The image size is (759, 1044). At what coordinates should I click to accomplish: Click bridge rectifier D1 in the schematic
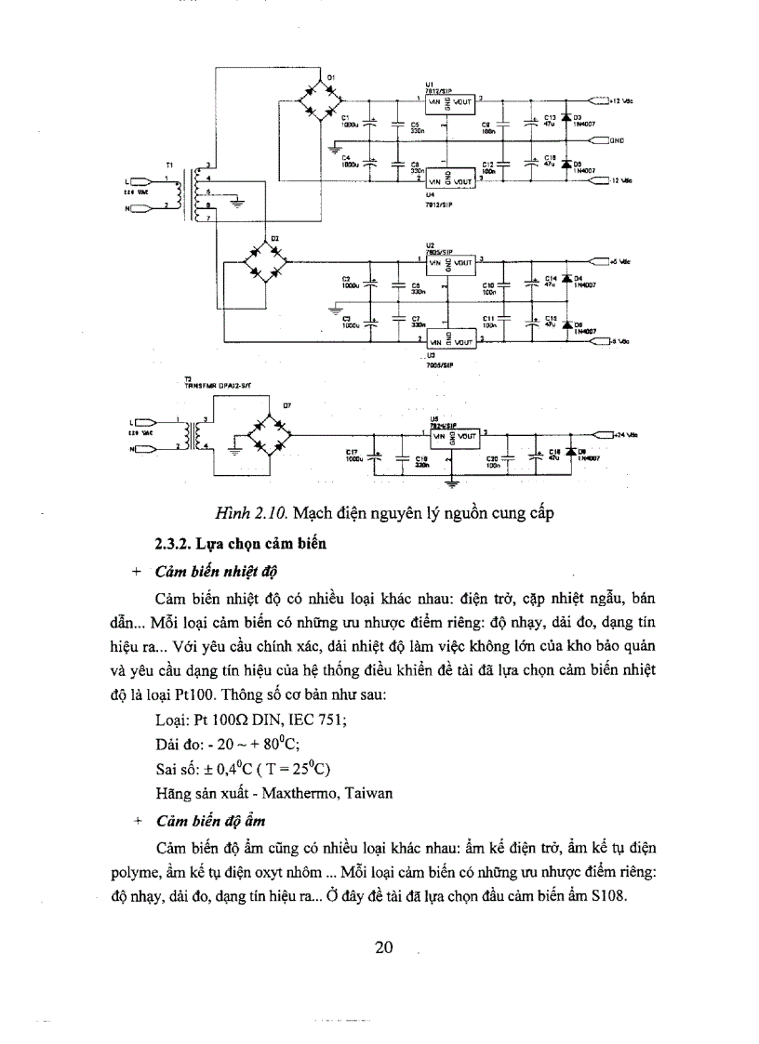(316, 99)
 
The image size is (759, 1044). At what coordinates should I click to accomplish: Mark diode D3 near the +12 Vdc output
(565, 117)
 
